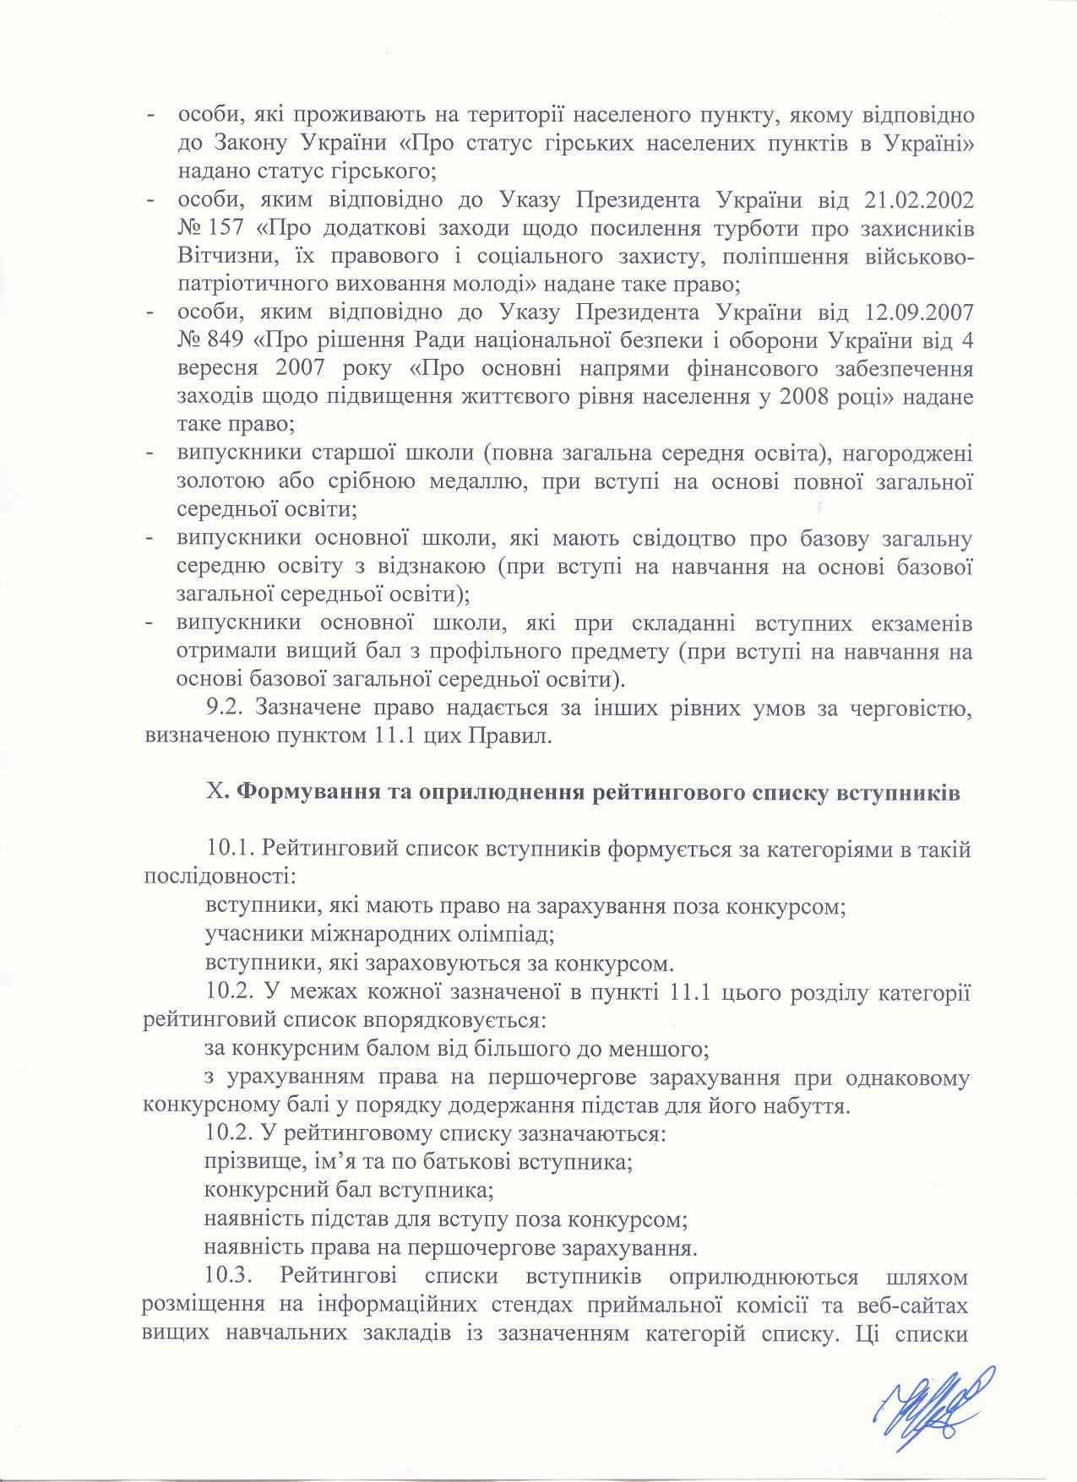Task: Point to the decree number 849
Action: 225,341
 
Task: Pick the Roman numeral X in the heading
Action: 214,793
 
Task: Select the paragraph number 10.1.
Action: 231,850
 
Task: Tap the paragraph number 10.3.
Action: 231,1275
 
